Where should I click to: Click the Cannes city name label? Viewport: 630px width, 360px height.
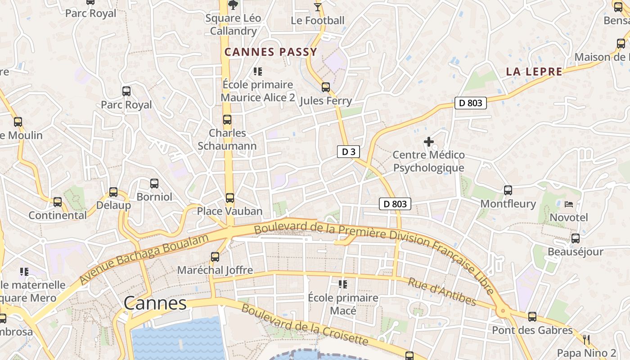coord(155,303)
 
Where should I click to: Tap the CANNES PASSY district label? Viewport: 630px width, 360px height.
coord(271,52)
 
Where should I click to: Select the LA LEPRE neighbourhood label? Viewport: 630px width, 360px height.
coord(534,72)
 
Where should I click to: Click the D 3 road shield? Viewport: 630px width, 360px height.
coord(348,152)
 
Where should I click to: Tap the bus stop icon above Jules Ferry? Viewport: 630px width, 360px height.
coord(325,87)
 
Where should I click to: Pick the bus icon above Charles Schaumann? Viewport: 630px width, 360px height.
coord(227,120)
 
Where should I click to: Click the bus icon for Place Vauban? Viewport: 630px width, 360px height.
coord(230,198)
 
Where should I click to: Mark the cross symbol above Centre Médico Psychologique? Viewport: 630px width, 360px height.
coord(428,142)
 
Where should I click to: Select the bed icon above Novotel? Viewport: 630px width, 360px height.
coord(569,204)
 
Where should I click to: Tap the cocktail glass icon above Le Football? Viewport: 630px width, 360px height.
coord(318,7)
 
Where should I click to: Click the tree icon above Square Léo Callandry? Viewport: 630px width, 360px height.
coord(233,5)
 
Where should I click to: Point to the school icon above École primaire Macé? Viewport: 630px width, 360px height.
coord(343,284)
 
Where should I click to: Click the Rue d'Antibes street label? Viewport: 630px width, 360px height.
coord(441,292)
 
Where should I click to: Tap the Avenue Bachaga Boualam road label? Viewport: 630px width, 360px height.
coord(144,260)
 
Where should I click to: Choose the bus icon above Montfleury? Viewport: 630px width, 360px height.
coord(508,190)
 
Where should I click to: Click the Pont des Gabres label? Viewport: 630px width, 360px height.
coord(532,330)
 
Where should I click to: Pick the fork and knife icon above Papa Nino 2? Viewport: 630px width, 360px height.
coord(586,340)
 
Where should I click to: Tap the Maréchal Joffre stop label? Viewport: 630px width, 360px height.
coord(215,270)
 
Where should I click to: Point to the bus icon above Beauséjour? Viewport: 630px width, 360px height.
coord(575,238)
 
